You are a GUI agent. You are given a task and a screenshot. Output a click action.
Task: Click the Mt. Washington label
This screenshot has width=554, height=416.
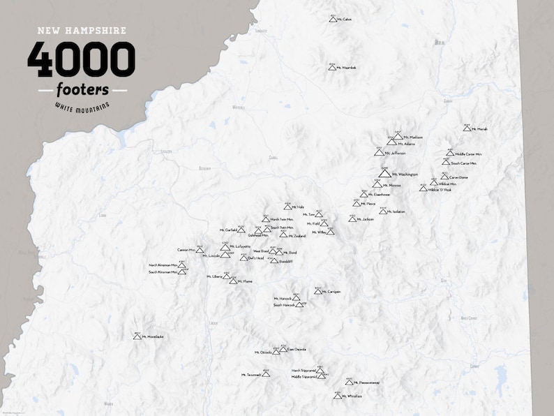[x=405, y=174]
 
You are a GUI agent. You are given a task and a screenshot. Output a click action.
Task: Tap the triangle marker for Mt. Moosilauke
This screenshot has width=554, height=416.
[x=137, y=336]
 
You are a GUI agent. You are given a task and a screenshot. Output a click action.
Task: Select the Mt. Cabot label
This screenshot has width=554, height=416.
[x=344, y=20]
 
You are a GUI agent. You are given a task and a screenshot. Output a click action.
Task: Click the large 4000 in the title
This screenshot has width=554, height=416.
[x=82, y=59]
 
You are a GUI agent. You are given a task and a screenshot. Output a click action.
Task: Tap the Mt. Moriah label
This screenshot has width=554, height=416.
[x=479, y=129]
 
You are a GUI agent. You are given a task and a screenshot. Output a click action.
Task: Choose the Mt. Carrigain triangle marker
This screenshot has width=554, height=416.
[x=317, y=291]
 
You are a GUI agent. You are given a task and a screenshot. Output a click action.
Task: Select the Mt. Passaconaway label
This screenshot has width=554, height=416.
[x=366, y=382]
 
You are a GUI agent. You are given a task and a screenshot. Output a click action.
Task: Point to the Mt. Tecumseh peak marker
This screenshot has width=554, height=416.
[x=265, y=375]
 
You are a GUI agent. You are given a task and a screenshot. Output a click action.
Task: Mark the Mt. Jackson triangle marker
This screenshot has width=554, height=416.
[x=352, y=219]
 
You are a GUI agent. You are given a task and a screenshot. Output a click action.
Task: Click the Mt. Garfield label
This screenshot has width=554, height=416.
[x=228, y=230]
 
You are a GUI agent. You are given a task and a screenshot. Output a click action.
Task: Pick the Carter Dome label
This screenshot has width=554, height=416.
[x=458, y=177]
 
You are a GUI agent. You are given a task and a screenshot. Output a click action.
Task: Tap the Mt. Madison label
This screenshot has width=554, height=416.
[x=413, y=138]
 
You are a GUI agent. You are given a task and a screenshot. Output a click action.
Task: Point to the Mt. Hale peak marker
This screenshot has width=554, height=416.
[x=287, y=207]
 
